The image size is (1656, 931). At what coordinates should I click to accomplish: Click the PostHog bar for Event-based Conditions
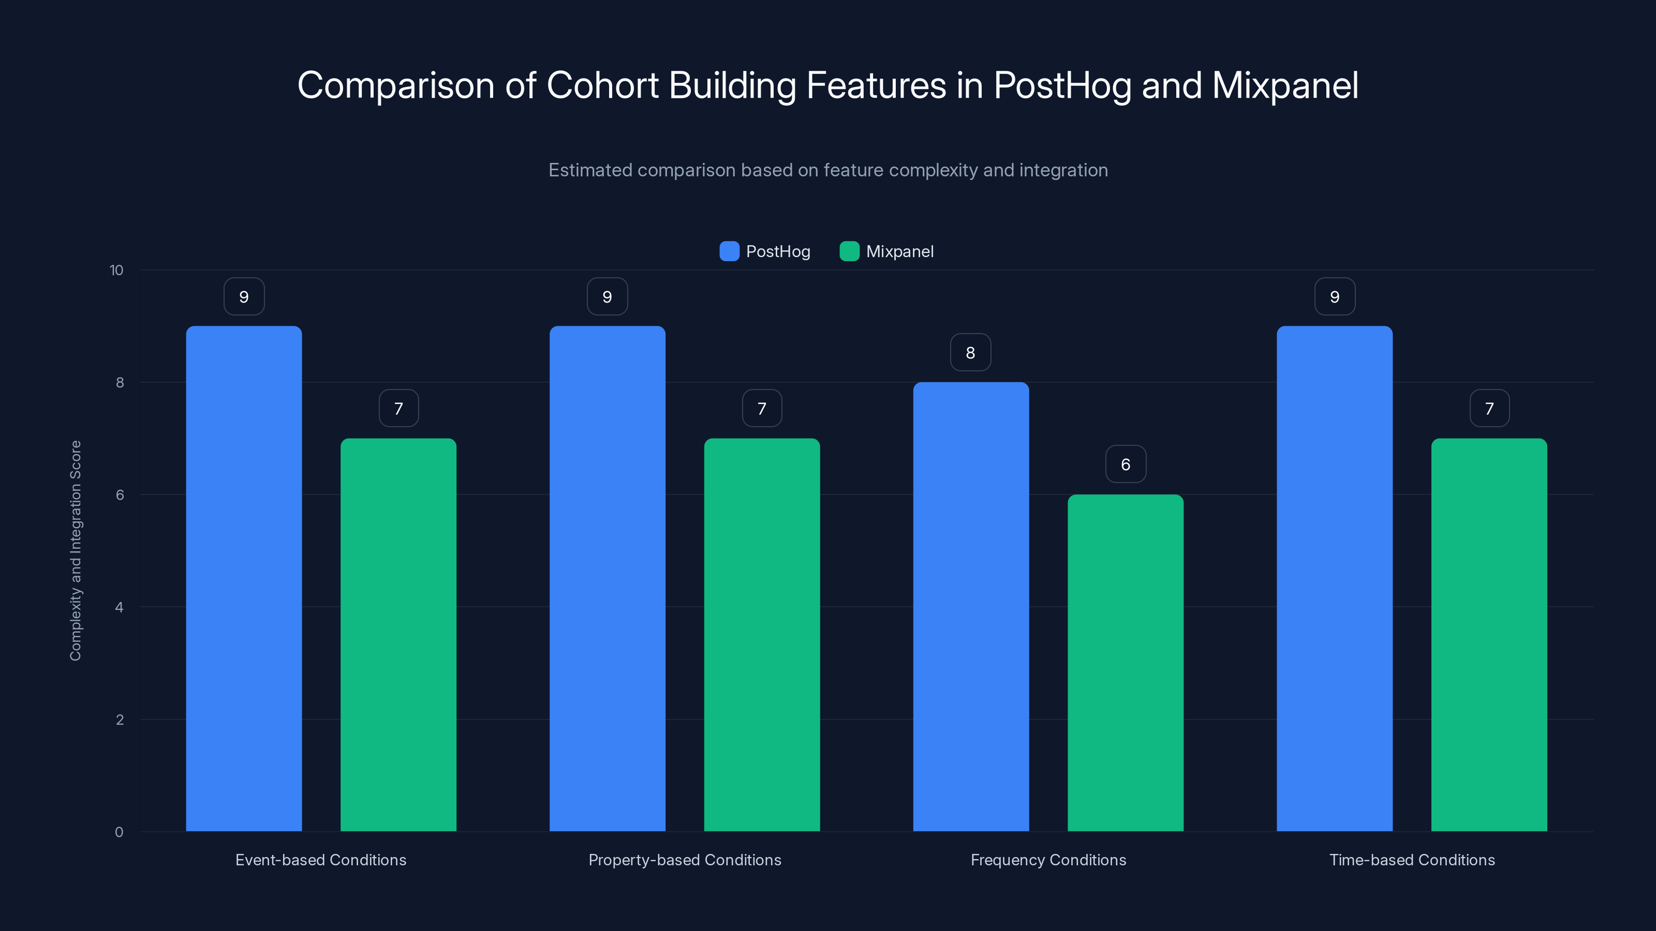click(x=244, y=578)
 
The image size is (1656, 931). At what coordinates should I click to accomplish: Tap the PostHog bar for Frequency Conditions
click(x=971, y=607)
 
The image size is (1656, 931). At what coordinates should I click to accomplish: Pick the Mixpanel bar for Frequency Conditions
click(x=1125, y=663)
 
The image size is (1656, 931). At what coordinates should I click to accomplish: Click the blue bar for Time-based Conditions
click(x=1334, y=578)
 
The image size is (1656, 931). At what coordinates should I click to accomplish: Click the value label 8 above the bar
click(x=970, y=352)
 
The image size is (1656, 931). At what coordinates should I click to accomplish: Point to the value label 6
click(x=1125, y=464)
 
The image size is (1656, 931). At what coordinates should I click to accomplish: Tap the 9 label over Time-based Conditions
click(x=1335, y=296)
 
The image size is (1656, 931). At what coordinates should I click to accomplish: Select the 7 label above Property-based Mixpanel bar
click(x=762, y=408)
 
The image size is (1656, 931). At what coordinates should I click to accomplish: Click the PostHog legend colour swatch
click(x=729, y=251)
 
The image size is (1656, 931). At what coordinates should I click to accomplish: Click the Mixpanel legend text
click(x=899, y=251)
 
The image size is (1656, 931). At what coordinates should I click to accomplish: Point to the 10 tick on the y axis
click(x=116, y=270)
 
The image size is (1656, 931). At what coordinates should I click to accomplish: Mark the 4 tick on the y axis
click(x=119, y=607)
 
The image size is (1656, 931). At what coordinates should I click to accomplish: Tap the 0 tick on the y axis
click(x=119, y=832)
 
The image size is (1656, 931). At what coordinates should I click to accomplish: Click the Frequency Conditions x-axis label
click(x=1048, y=860)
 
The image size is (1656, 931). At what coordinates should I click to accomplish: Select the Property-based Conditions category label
click(x=685, y=860)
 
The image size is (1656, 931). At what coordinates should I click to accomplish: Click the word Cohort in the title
click(x=602, y=85)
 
